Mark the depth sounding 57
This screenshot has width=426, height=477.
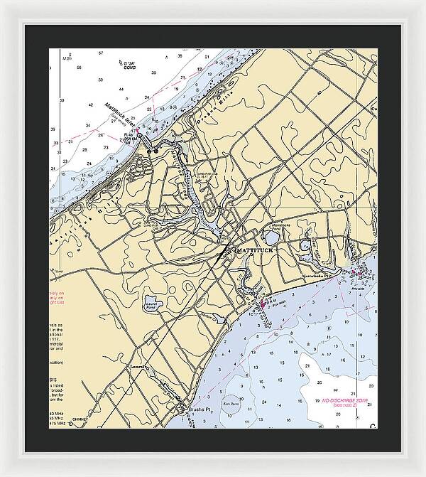click(x=101, y=53)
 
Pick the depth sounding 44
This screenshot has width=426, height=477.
click(x=121, y=90)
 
